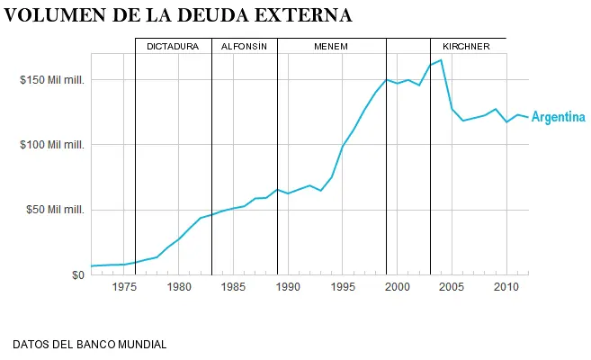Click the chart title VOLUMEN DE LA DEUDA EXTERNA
tap(178, 15)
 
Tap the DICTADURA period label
tap(173, 46)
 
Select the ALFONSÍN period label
tap(244, 46)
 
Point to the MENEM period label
tap(331, 46)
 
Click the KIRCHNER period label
tap(466, 46)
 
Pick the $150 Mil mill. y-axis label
tap(52, 80)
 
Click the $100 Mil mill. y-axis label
tap(52, 145)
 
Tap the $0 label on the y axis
tap(78, 274)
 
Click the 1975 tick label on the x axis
tap(124, 288)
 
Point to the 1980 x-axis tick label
tap(179, 288)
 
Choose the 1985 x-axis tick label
tap(234, 288)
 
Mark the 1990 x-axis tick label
tap(288, 288)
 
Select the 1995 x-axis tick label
tap(343, 288)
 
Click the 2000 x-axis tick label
tap(398, 288)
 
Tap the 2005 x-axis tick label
tap(452, 288)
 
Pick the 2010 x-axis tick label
tap(506, 288)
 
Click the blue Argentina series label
tap(558, 117)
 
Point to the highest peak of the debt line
tap(441, 60)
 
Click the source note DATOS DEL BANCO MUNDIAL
tap(89, 345)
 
